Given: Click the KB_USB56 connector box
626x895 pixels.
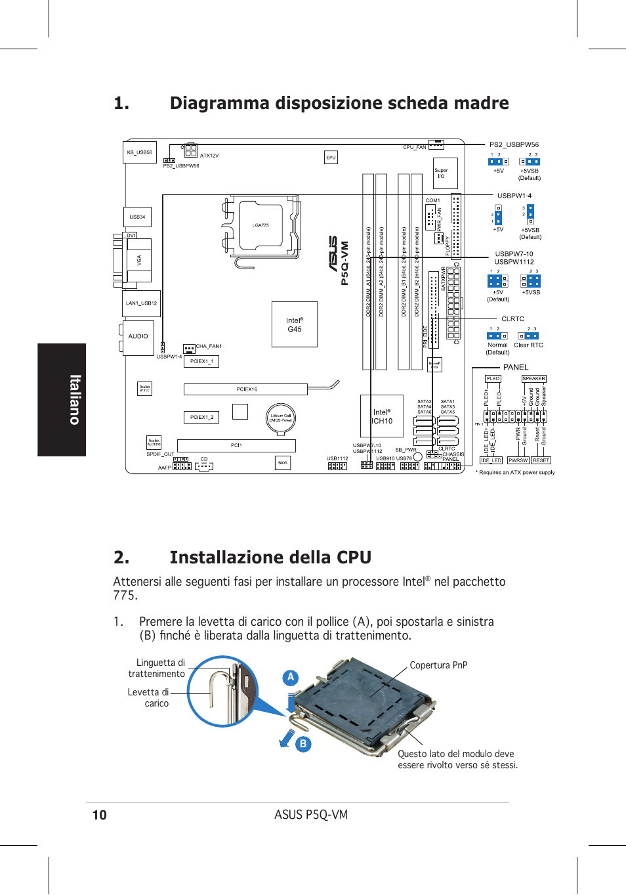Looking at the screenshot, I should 140,152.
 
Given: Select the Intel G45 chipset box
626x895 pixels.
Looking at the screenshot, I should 295,324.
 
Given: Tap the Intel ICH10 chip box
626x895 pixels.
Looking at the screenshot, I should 381,417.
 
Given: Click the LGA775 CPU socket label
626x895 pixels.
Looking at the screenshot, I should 261,225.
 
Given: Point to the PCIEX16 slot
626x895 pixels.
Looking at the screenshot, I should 246,389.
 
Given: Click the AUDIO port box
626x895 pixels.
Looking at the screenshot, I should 138,337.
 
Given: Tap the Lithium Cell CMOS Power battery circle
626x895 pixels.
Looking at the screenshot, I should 281,418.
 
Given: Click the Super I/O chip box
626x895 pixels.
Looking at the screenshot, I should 445,173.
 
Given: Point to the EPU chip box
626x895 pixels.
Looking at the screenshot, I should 331,158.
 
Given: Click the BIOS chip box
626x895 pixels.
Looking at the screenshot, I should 283,463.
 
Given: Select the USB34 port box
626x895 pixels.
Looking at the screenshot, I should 137,217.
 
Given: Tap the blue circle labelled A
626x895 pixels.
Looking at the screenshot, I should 291,677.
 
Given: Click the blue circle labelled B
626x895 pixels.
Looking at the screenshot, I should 303,744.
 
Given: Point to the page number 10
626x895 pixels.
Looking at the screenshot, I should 99,816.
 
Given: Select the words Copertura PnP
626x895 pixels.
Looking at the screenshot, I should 438,665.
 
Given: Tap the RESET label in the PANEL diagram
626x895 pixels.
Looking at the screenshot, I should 541,460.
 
